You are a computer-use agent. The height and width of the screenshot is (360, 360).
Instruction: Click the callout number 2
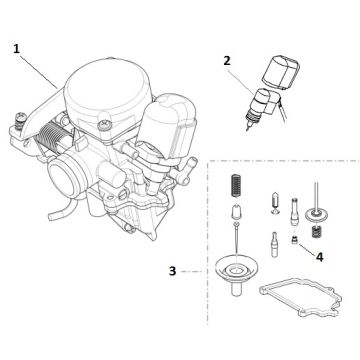click(227, 61)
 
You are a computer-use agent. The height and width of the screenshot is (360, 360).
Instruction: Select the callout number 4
click(319, 256)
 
